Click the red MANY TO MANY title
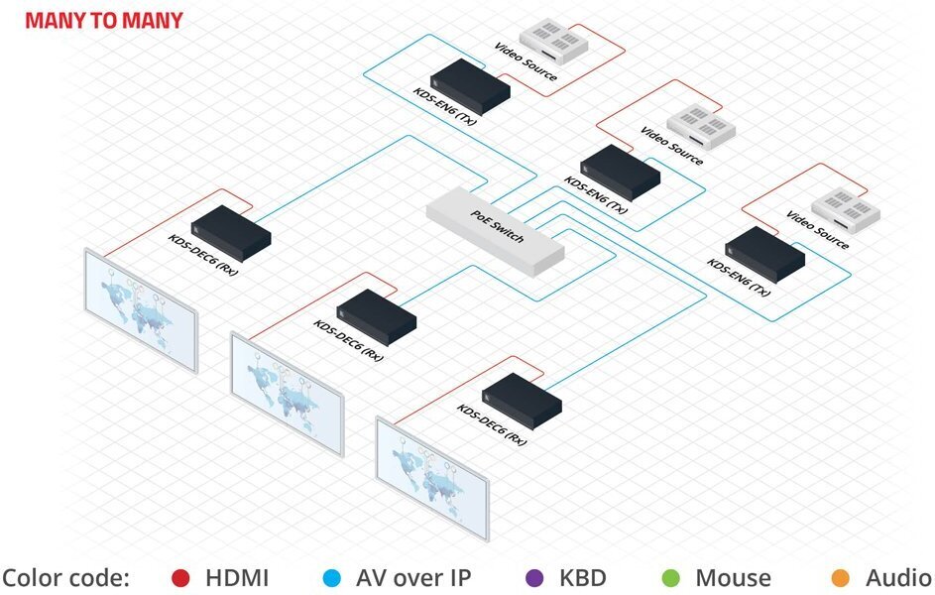point(104,20)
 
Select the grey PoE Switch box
point(495,229)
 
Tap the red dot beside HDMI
point(180,577)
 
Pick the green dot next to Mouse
point(671,577)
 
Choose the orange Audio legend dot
point(842,577)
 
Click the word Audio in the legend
point(897,577)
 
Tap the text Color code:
point(65,577)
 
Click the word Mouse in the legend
point(733,577)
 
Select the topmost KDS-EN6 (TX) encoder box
point(470,85)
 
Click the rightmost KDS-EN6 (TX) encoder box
point(764,253)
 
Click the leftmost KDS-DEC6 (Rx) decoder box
point(231,230)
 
